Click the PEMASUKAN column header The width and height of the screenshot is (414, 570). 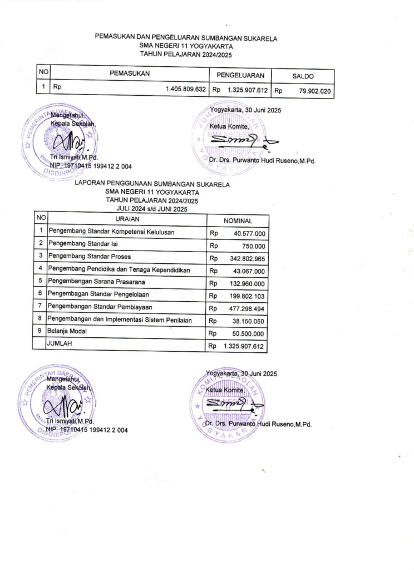(x=130, y=73)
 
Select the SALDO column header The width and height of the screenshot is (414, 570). (x=303, y=76)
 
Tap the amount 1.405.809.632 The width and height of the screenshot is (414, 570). (x=186, y=89)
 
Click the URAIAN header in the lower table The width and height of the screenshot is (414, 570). (x=127, y=218)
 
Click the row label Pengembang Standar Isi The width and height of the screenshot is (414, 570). (x=83, y=243)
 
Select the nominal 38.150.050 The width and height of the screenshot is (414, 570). (x=249, y=321)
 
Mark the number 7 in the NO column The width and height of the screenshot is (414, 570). (x=41, y=306)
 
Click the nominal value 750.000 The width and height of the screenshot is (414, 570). (x=254, y=247)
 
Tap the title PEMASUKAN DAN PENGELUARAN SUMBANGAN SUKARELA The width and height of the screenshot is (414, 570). (x=186, y=38)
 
